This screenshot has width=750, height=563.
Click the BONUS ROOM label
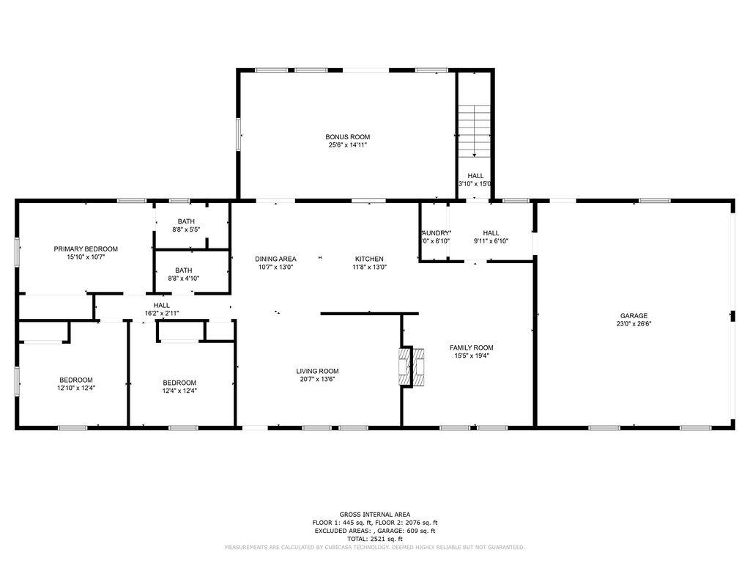tap(347, 137)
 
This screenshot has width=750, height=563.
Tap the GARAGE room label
tap(634, 316)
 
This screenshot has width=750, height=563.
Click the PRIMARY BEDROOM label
tap(86, 249)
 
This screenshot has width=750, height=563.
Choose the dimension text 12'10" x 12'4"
tap(76, 388)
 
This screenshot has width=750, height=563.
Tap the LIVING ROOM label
tap(317, 372)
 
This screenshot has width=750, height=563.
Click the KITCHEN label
tap(369, 259)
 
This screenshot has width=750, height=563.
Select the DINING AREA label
tap(275, 259)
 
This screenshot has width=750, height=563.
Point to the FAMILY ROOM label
tap(471, 348)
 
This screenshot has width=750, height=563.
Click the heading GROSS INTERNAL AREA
tap(375, 515)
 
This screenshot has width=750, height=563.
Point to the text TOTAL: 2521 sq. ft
tap(375, 539)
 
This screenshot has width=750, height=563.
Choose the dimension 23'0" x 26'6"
tap(634, 323)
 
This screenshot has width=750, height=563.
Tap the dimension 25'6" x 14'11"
tap(347, 145)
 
